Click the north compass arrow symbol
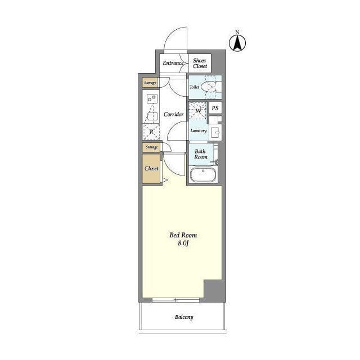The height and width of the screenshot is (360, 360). click(x=237, y=43)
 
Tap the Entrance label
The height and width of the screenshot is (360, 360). click(x=173, y=63)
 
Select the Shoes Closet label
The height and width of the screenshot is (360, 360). click(x=200, y=64)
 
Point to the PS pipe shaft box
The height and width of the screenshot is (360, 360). click(x=215, y=108)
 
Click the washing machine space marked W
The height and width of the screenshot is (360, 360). click(x=198, y=111)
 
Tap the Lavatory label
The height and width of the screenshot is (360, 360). click(x=199, y=130)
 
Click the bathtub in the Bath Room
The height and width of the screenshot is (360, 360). click(x=203, y=175)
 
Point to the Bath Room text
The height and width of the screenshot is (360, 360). click(x=201, y=154)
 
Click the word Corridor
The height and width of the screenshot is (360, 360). click(x=174, y=114)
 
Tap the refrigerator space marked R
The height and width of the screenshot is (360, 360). click(x=151, y=132)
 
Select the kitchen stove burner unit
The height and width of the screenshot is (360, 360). click(x=151, y=99)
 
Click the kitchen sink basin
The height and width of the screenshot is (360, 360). click(x=153, y=116)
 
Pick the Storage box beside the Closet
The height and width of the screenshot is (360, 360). click(x=151, y=147)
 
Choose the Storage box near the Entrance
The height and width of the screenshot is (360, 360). click(x=150, y=83)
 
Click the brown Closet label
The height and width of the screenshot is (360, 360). click(x=151, y=169)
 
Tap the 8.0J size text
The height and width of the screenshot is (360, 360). click(x=183, y=244)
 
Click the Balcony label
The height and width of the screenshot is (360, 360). click(x=184, y=317)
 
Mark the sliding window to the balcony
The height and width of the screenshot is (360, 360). click(x=176, y=300)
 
